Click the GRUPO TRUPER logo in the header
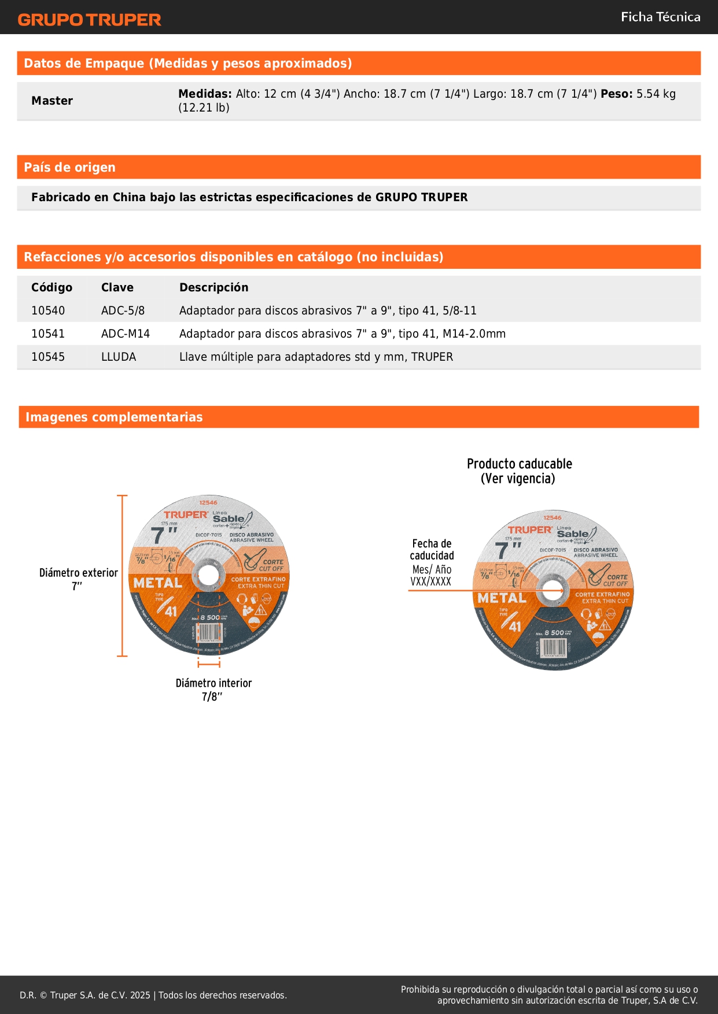tap(89, 20)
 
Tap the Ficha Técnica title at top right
tap(660, 17)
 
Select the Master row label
tap(52, 101)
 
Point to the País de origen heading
tap(70, 167)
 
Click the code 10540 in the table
tap(48, 310)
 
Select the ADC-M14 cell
tap(126, 334)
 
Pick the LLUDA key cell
tap(119, 357)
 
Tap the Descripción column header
tap(213, 287)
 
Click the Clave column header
tap(117, 287)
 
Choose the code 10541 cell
tap(48, 334)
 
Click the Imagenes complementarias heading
tap(114, 417)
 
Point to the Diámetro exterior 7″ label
tap(78, 579)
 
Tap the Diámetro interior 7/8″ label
tap(213, 689)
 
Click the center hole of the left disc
tap(208, 575)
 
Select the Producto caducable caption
tap(519, 471)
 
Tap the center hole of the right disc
tap(553, 590)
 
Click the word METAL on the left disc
tap(157, 583)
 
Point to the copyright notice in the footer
tap(153, 995)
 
